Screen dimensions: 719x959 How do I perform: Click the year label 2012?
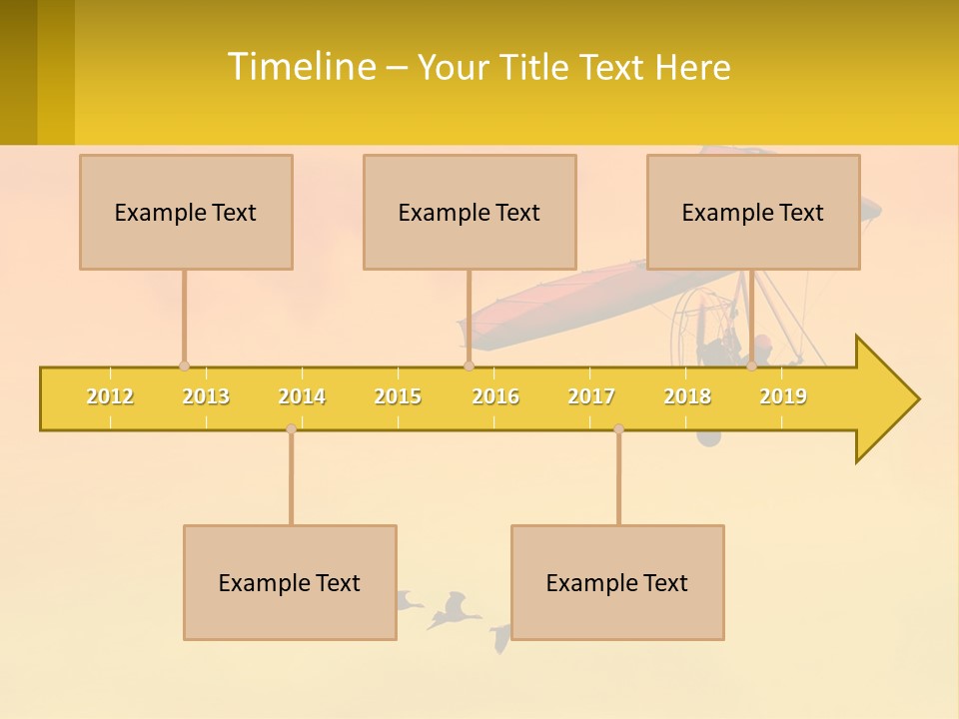[110, 396]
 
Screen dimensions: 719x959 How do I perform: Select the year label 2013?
[206, 396]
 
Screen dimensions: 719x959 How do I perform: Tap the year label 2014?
[302, 396]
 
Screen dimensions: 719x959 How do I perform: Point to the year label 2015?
[398, 396]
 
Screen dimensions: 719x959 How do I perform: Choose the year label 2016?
[495, 396]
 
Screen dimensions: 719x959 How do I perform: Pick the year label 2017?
[591, 396]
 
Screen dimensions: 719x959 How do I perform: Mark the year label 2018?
[687, 396]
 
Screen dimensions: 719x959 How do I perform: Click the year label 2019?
[783, 396]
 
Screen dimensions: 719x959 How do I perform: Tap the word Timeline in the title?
[300, 67]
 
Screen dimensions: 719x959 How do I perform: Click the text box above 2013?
[186, 212]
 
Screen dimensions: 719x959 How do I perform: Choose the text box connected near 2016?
[470, 212]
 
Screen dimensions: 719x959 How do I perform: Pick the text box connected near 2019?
[753, 212]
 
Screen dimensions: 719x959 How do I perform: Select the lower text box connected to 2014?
[290, 582]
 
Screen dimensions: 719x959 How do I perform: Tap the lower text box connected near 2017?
[617, 582]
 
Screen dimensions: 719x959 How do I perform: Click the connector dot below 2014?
[291, 428]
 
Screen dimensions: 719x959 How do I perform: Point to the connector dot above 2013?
[184, 365]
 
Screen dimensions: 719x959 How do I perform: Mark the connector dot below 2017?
[618, 428]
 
